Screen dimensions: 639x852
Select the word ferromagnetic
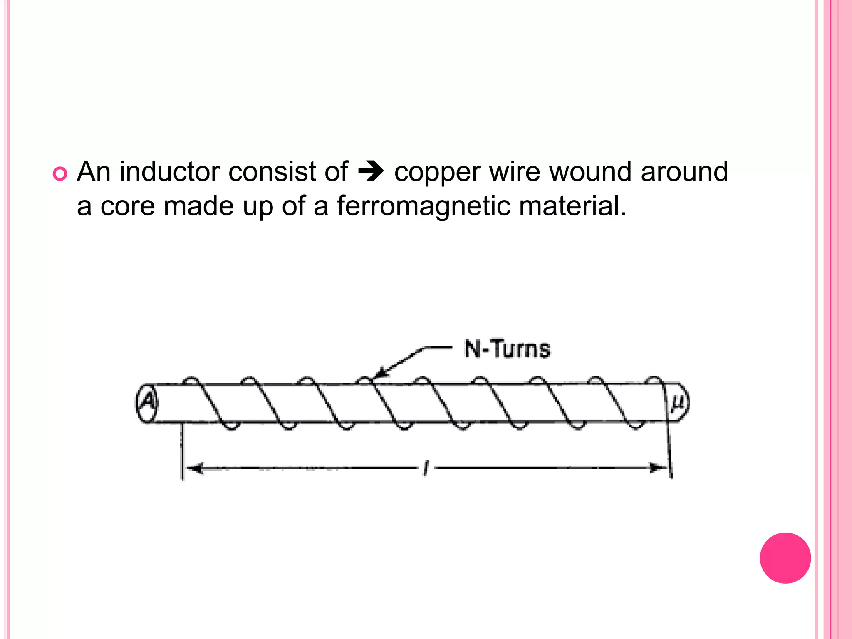coord(424,206)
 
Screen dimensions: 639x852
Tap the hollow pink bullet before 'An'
coord(60,173)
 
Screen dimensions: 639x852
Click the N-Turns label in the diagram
coord(507,349)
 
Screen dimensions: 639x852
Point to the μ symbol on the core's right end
coord(677,402)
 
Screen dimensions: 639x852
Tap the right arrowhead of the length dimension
coord(659,468)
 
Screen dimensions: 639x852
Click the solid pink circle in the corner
coord(785,558)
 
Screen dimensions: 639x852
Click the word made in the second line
coord(199,206)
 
